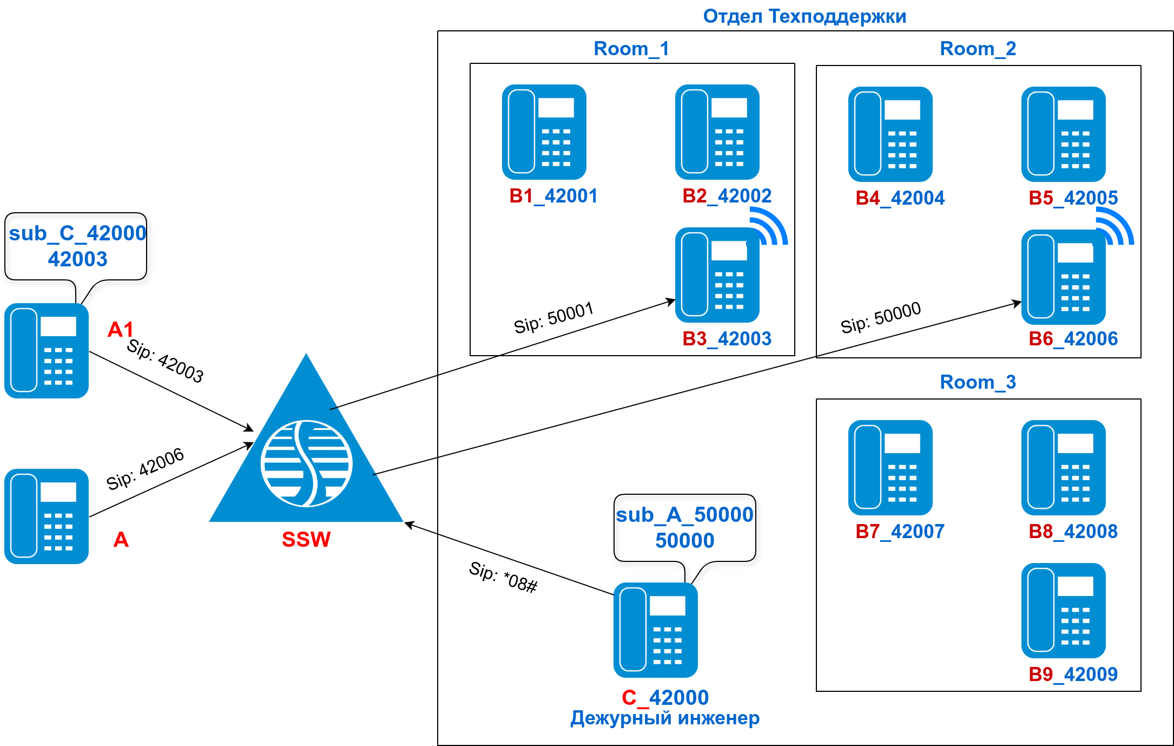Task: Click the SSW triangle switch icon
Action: (x=306, y=455)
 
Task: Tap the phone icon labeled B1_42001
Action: (x=544, y=132)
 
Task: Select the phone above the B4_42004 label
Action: (x=890, y=134)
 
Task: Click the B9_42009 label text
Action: (x=1073, y=675)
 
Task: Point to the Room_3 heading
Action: (x=978, y=382)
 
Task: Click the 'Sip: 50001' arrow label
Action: (x=553, y=318)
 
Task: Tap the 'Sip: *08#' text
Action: (x=503, y=577)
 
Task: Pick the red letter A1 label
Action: (x=120, y=329)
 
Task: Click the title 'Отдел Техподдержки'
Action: (x=804, y=16)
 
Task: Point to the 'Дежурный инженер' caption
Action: (x=665, y=718)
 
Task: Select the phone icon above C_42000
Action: (x=655, y=630)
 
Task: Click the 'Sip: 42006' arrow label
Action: (x=145, y=469)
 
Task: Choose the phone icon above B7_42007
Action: (x=890, y=468)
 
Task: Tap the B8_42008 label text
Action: (x=1073, y=532)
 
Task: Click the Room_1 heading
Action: (x=631, y=49)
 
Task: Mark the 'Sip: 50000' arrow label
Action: (x=880, y=317)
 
